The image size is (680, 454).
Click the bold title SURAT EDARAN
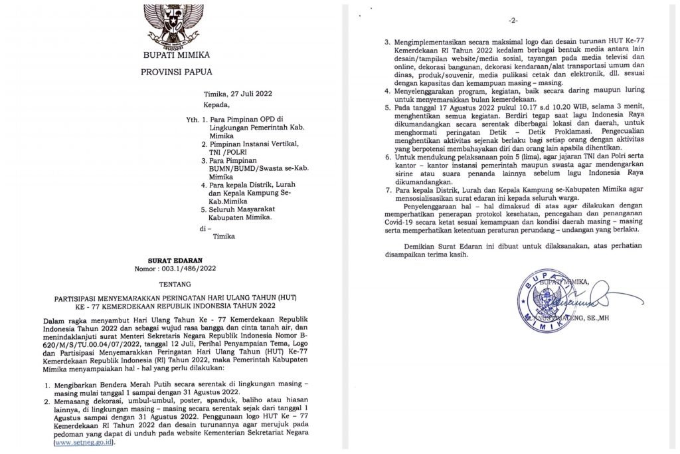click(173, 261)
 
